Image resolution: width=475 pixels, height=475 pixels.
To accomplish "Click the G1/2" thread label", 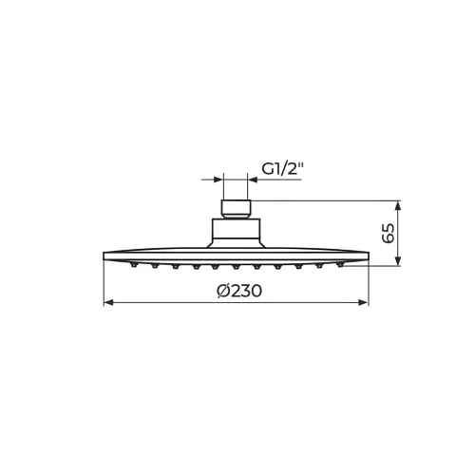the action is [x=283, y=169].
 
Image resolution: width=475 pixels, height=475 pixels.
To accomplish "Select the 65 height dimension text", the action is [x=389, y=234].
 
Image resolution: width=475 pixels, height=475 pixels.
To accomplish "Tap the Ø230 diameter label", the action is [x=239, y=291].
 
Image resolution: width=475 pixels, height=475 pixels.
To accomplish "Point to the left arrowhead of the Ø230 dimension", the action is [x=108, y=303].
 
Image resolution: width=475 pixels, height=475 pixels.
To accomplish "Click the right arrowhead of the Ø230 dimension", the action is [x=364, y=303].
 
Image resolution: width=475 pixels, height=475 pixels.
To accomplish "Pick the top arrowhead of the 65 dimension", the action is [x=398, y=206].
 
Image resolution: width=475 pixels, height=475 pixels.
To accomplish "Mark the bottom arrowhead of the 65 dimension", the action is [x=398, y=260].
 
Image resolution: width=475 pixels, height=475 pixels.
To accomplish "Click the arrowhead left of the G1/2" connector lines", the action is [x=218, y=180].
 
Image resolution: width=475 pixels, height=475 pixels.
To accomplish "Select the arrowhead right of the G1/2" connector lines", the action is [x=253, y=180].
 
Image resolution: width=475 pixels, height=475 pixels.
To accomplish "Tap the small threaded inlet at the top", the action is [x=236, y=209].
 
